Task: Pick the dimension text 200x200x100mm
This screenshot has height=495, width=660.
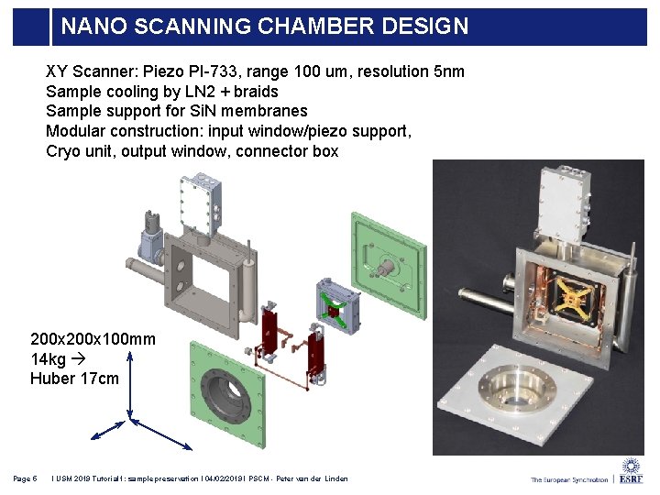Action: point(93,339)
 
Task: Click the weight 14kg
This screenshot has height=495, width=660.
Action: point(49,358)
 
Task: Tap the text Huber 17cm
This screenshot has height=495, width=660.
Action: point(74,378)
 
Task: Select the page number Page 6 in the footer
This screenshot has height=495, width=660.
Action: point(25,478)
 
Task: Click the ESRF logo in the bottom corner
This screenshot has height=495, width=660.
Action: point(632,471)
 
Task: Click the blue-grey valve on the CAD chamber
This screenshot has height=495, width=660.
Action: point(147,240)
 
